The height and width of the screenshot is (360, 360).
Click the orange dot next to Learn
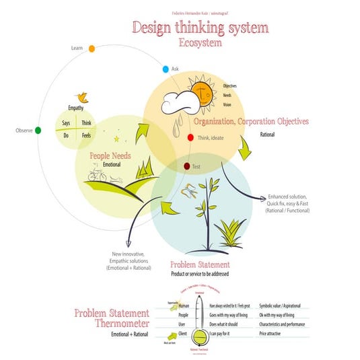tap(92, 48)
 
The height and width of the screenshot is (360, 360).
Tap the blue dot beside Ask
tap(166, 69)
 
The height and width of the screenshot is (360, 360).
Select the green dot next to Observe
tap(38, 130)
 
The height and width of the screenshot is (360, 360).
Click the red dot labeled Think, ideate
tap(190, 137)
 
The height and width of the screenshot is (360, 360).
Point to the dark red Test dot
tap(187, 166)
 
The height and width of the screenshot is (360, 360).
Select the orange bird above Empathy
tap(84, 96)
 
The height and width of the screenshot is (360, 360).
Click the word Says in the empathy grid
tap(67, 123)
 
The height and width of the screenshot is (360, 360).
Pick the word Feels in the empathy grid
tap(86, 135)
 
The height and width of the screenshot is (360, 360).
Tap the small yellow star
tap(116, 139)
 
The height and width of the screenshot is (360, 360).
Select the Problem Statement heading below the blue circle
tap(200, 265)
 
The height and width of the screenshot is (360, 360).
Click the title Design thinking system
tap(201, 28)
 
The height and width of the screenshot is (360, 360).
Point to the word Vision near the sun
tap(228, 105)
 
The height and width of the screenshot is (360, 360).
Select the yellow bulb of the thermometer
tap(199, 334)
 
